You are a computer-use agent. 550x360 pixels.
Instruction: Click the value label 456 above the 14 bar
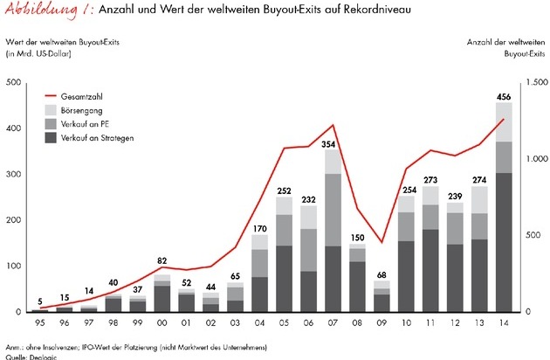click(504, 95)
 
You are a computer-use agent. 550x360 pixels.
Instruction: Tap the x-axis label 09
click(381, 322)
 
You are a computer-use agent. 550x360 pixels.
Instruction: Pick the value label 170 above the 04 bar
click(259, 228)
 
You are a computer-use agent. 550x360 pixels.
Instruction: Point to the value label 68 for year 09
click(381, 274)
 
